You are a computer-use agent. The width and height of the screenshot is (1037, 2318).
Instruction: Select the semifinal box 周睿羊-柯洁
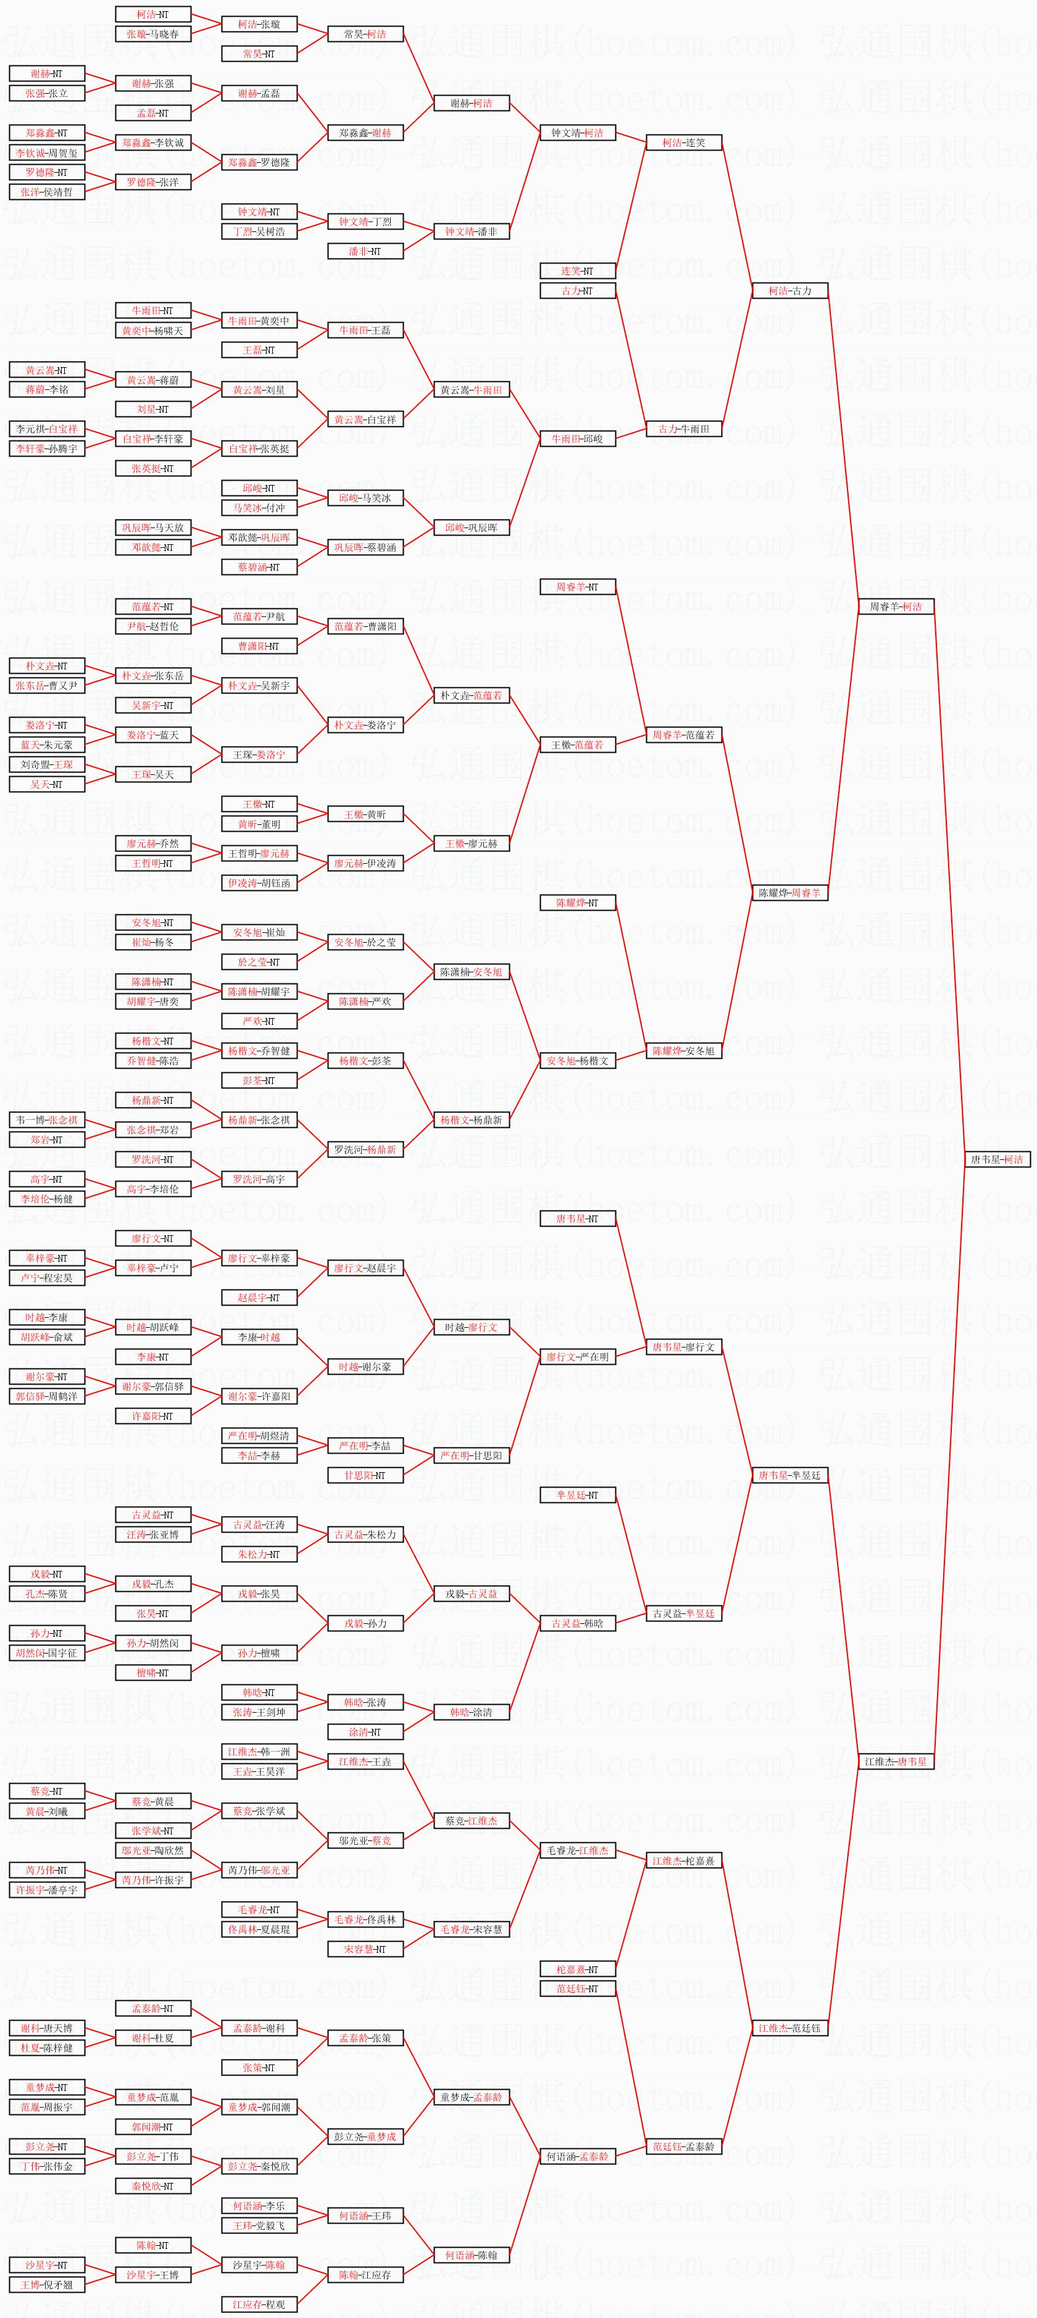[896, 606]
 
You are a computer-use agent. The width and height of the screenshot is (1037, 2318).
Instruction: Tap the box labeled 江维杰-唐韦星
[896, 1761]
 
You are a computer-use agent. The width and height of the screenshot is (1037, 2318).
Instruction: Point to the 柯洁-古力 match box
[789, 291]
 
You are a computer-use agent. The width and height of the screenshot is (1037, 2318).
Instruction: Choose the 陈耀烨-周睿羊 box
[789, 893]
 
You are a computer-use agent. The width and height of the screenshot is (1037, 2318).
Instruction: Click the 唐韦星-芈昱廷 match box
[789, 1475]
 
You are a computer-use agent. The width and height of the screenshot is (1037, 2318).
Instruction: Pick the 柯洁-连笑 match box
[683, 142]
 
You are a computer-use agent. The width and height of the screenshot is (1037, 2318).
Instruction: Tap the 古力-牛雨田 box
[683, 429]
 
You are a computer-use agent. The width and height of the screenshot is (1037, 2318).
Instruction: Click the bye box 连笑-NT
[577, 271]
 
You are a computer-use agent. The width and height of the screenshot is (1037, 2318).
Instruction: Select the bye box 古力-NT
[577, 291]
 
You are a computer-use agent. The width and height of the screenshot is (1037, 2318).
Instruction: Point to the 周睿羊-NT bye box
[577, 587]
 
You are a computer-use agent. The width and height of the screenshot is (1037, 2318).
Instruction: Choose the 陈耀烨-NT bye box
[577, 903]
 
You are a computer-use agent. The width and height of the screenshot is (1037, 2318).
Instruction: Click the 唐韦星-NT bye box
[577, 1219]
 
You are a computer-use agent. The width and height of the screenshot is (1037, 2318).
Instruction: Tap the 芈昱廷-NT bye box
[577, 1495]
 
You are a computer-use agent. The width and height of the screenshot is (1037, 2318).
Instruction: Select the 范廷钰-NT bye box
[577, 1989]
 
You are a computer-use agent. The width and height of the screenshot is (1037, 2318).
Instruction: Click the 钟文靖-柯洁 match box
[577, 132]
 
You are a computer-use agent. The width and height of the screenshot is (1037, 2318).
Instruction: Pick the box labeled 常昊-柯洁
[365, 34]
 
